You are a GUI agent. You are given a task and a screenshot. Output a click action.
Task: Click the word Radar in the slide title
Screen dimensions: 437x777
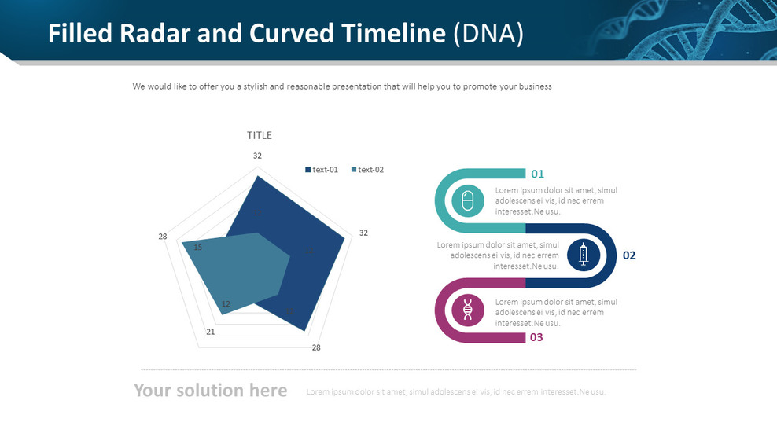pos(144,33)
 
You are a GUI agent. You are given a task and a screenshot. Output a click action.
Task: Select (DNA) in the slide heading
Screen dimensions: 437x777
pos(488,33)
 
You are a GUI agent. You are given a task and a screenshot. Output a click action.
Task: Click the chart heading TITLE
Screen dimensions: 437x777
pos(260,135)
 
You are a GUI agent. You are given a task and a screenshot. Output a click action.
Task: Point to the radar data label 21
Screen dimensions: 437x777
pos(211,332)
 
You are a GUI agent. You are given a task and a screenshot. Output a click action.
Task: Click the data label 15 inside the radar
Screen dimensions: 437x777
pos(197,248)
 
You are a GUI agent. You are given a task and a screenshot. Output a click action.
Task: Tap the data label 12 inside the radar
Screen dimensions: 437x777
pos(226,304)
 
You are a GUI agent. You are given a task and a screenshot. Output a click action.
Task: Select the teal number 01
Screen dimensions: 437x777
pos(537,174)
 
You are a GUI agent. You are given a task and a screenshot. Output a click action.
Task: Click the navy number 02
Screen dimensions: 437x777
pos(629,255)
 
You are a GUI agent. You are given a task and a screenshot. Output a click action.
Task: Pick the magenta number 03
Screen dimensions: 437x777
pos(536,337)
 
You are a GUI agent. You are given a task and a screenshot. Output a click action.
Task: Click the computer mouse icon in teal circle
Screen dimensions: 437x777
pos(468,201)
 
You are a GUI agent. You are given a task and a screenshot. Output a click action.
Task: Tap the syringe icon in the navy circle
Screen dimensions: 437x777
pos(583,255)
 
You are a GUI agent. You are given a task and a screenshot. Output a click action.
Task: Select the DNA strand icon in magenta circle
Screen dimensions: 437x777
pos(468,310)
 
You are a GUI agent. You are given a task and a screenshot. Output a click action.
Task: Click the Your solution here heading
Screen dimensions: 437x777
pos(210,391)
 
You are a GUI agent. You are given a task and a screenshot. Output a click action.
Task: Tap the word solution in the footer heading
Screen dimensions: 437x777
pos(210,391)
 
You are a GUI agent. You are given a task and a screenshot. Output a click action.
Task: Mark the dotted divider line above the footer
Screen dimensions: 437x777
pos(388,369)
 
